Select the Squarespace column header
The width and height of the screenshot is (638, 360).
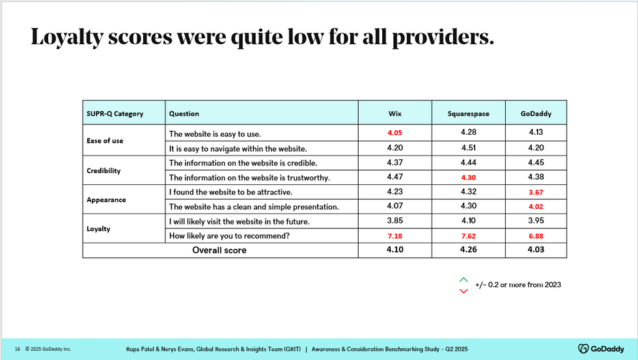[468, 114]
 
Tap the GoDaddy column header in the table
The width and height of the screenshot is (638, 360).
[535, 114]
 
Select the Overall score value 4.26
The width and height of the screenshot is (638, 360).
[468, 249]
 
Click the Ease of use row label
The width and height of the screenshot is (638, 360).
[105, 141]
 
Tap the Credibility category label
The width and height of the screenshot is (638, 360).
[104, 170]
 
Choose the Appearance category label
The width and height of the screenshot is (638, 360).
[105, 199]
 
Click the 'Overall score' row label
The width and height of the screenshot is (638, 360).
[219, 250]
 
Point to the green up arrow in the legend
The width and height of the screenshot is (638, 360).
[464, 279]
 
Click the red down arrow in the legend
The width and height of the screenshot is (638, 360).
[464, 290]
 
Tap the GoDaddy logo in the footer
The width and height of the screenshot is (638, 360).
[602, 348]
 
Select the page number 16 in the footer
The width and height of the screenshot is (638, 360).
[18, 349]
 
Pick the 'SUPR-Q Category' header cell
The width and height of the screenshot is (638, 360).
[115, 114]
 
